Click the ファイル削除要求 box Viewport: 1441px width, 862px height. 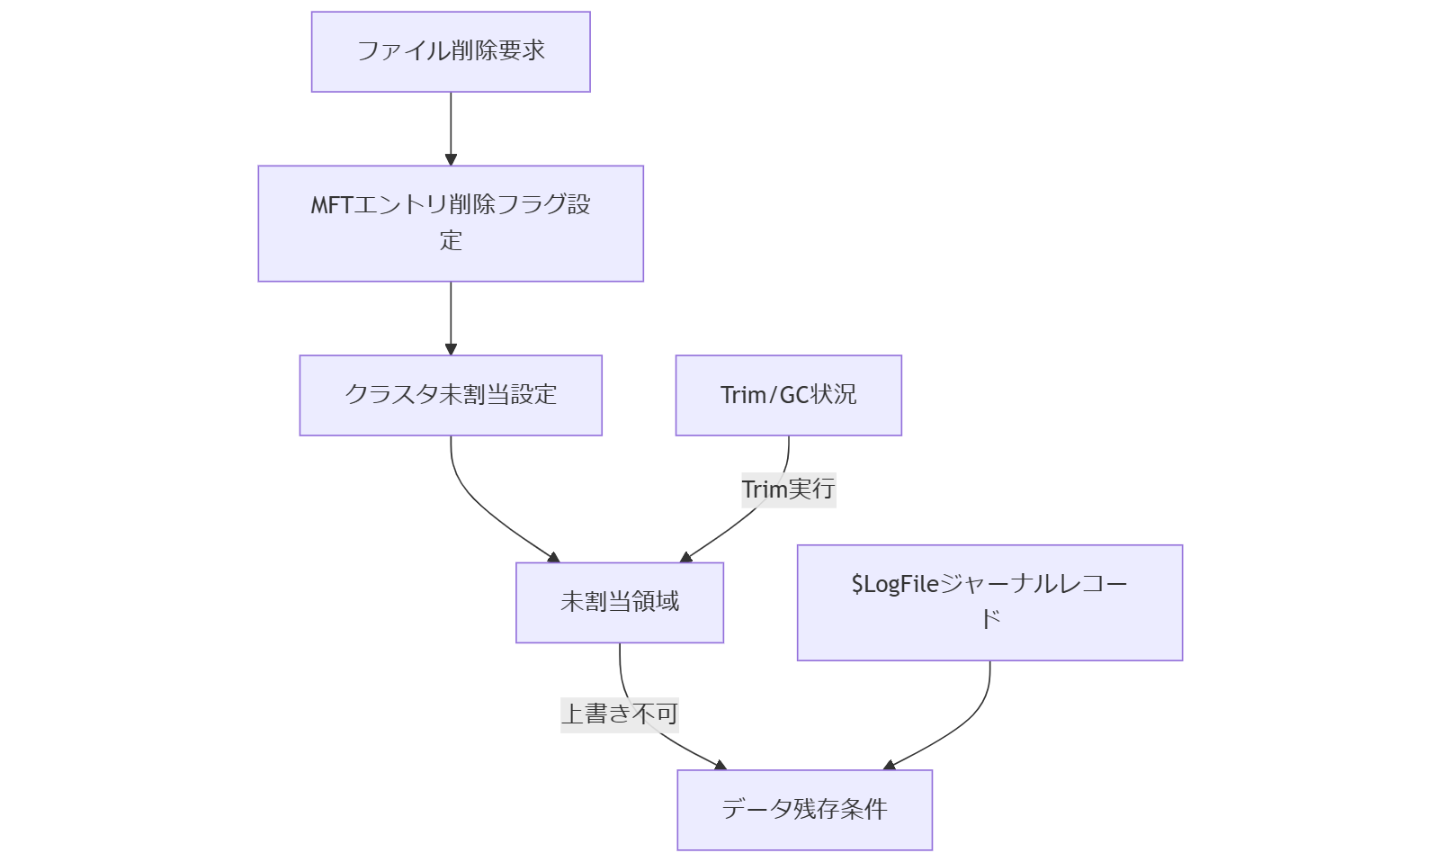(x=451, y=51)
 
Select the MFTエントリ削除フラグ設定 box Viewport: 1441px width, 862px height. (x=451, y=223)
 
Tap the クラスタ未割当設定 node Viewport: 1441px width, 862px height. (x=451, y=395)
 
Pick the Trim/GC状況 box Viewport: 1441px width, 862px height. (x=788, y=395)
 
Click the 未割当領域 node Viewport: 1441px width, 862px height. (x=619, y=602)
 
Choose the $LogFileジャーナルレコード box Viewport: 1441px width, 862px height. (x=989, y=602)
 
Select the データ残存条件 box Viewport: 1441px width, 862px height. (x=804, y=809)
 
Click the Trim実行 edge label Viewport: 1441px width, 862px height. (x=788, y=489)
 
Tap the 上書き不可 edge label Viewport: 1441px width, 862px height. (x=619, y=714)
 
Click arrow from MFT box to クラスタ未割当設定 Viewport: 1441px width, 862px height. (x=451, y=318)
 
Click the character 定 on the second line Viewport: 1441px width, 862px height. (x=451, y=241)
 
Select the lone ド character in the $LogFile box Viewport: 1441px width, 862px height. (x=989, y=620)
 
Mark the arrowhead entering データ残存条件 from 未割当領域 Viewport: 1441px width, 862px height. (x=720, y=766)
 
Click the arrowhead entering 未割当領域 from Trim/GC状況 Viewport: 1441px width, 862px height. (x=686, y=558)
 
